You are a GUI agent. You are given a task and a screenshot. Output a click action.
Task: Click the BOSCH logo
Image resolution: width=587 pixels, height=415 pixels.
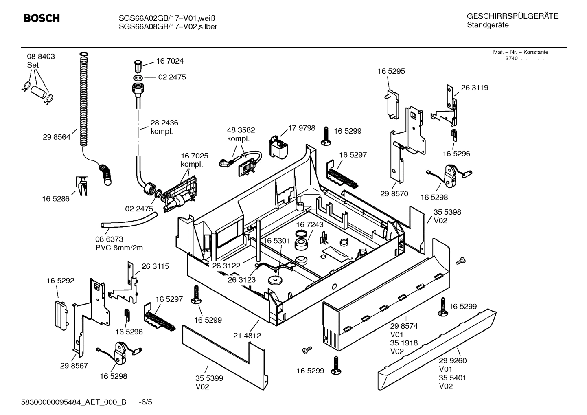[42, 18]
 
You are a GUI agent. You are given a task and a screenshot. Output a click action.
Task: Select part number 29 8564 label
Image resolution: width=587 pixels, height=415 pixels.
[57, 137]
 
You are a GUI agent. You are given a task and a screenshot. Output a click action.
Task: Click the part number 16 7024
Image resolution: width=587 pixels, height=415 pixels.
[170, 61]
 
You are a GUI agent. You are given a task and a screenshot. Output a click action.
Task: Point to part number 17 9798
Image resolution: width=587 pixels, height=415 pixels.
[302, 128]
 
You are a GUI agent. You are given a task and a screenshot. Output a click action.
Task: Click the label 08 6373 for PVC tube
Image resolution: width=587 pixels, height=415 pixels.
[109, 239]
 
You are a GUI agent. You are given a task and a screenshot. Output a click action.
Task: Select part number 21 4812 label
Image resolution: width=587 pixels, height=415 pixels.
[247, 336]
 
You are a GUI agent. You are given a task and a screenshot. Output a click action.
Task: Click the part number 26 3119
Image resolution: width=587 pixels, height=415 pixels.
[475, 88]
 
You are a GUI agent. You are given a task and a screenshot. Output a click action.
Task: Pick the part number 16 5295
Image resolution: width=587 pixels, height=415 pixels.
[391, 71]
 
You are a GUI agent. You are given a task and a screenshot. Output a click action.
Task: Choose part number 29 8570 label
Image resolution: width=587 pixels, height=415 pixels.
[394, 194]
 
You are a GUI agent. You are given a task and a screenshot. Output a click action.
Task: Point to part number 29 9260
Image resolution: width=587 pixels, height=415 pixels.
[453, 360]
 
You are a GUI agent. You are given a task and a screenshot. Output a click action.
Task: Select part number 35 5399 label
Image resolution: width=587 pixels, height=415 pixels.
[209, 378]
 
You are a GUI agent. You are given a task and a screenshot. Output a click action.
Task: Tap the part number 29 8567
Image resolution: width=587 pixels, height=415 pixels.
[74, 366]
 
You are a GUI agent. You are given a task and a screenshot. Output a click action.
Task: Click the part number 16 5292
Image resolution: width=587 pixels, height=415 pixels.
[60, 281]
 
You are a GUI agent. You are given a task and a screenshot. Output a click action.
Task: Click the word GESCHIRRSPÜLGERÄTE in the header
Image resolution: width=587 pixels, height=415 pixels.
[512, 17]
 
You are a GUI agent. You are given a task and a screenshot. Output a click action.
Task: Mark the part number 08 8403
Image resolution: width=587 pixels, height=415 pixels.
[41, 57]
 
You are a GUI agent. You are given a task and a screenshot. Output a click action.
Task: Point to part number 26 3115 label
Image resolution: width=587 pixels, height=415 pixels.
[155, 266]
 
